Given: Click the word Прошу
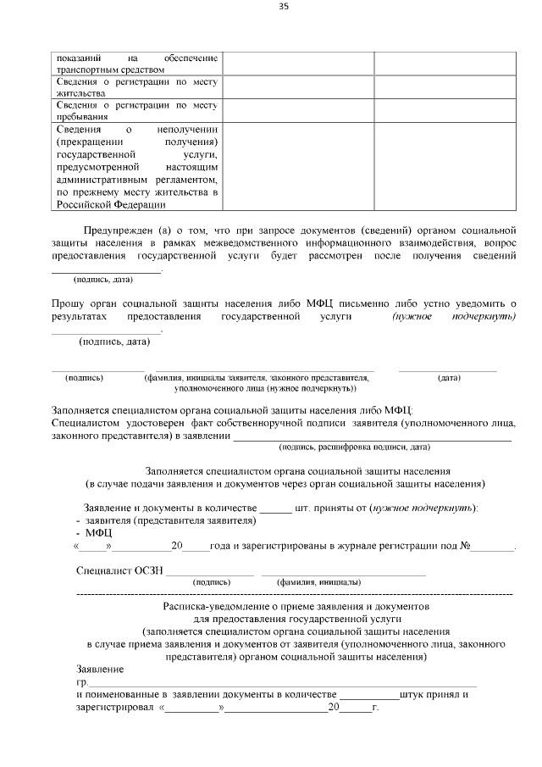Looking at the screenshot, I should (67, 303).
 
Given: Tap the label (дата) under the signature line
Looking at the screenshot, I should (449, 378).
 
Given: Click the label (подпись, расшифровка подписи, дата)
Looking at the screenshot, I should (354, 446).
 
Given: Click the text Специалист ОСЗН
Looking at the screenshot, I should (119, 571).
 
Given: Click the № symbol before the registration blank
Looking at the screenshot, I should (465, 546).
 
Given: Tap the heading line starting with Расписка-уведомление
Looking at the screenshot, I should (296, 608).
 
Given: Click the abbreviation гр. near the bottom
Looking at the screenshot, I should (82, 681).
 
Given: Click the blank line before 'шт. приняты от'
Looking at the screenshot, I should (275, 508).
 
